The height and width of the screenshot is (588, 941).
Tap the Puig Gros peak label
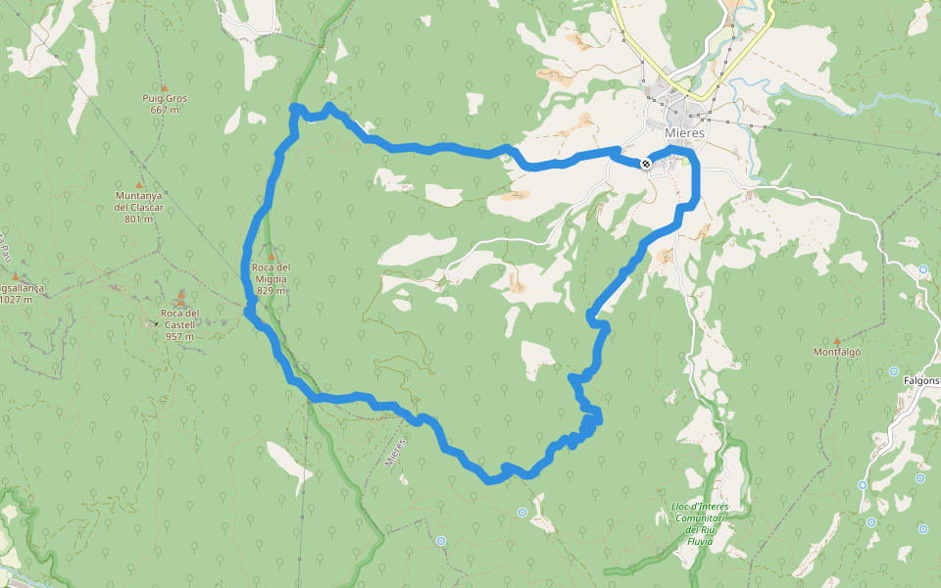164,98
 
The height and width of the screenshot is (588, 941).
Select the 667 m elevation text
165,110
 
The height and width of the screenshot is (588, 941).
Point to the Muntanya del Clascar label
138,201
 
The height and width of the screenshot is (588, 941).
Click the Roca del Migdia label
271,272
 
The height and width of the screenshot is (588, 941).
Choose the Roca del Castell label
179,318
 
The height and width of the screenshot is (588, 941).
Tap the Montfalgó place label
836,352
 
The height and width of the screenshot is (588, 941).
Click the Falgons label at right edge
921,380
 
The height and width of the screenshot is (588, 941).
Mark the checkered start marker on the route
646,164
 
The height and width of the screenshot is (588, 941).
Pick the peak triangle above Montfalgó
836,341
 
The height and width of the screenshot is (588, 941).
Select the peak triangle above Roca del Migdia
272,257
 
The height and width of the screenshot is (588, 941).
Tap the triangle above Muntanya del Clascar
138,184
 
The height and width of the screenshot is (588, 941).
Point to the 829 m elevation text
271,290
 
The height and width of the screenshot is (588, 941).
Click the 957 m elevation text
179,336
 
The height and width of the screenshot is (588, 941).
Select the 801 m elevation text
138,219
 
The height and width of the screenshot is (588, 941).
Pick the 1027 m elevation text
16,300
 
